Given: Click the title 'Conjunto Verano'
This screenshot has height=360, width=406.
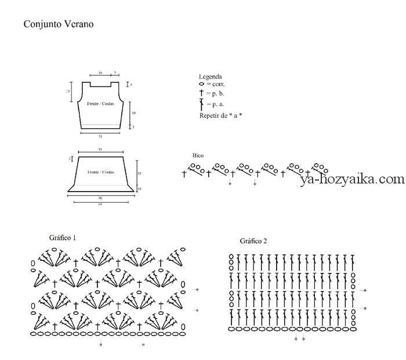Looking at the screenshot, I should click(x=58, y=24).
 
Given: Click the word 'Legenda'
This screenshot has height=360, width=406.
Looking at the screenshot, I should click(x=210, y=77).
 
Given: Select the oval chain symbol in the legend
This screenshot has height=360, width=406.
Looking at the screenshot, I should click(x=201, y=84).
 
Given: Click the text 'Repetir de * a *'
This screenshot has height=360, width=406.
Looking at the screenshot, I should click(x=220, y=116).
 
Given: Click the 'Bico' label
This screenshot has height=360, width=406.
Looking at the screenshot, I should click(x=198, y=156).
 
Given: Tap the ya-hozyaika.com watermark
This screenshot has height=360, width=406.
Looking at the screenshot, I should click(x=352, y=179).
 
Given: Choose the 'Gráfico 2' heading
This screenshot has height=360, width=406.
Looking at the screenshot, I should click(x=253, y=241).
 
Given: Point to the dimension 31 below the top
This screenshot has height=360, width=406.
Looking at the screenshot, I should click(x=100, y=136).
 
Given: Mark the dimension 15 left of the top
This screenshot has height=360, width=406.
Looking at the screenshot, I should click(x=68, y=92).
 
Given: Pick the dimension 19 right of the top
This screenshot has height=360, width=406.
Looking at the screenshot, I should click(x=133, y=113).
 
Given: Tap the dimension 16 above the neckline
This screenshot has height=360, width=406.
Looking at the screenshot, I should click(x=100, y=73).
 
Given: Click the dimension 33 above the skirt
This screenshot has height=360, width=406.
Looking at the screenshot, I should click(x=100, y=150).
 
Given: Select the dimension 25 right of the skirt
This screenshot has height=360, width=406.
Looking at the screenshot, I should click(x=139, y=173).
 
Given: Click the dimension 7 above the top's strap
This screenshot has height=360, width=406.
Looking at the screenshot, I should click(x=115, y=73).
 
